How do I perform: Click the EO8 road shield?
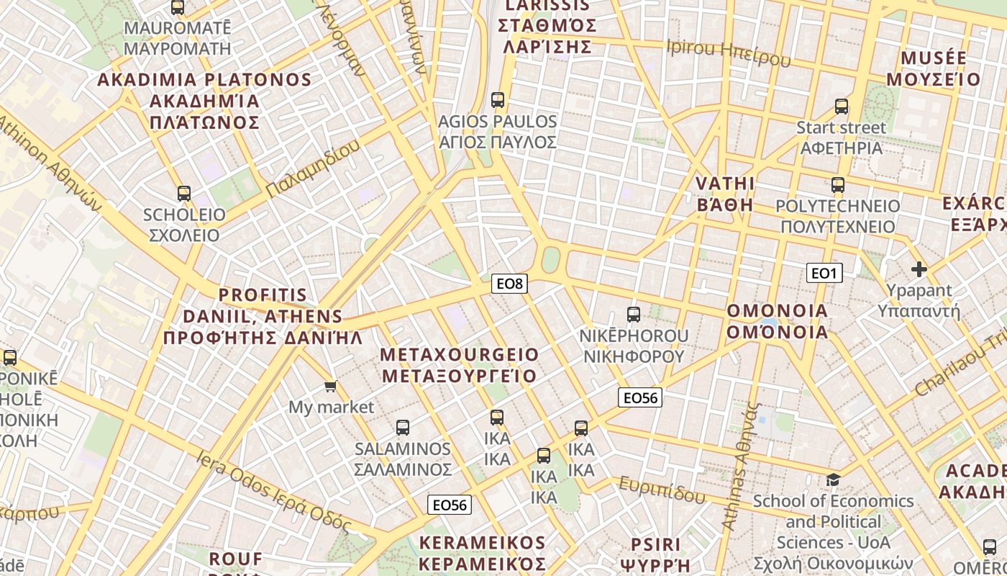(x=509, y=284)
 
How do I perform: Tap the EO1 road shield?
(x=824, y=273)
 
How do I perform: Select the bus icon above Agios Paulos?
(x=497, y=100)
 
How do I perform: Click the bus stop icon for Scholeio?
(x=184, y=193)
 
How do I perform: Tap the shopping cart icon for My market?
(x=330, y=387)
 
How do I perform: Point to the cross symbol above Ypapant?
(x=919, y=269)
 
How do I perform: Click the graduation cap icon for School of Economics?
(x=833, y=480)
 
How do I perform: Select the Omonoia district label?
(x=777, y=322)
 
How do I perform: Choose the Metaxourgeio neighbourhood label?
(x=459, y=365)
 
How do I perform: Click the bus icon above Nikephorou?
(x=633, y=315)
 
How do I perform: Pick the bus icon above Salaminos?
(x=402, y=428)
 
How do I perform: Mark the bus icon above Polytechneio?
(x=837, y=185)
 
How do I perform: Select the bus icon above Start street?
(x=842, y=107)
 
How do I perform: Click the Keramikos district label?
(x=483, y=552)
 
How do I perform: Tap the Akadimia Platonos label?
(x=204, y=100)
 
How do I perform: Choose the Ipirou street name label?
(x=729, y=53)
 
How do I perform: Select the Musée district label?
(x=933, y=68)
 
